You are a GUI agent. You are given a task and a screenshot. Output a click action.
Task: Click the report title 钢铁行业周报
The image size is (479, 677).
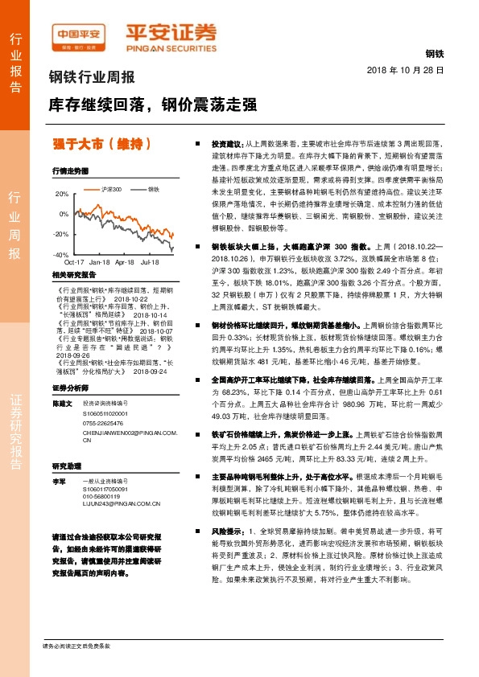pos(92,78)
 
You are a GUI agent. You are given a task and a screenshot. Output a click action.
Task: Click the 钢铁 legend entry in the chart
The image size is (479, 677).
pos(153,189)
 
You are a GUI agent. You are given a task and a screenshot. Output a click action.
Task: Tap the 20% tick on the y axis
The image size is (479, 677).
pos(63,195)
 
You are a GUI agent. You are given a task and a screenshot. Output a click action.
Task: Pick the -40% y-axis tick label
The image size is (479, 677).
pos(61,255)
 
